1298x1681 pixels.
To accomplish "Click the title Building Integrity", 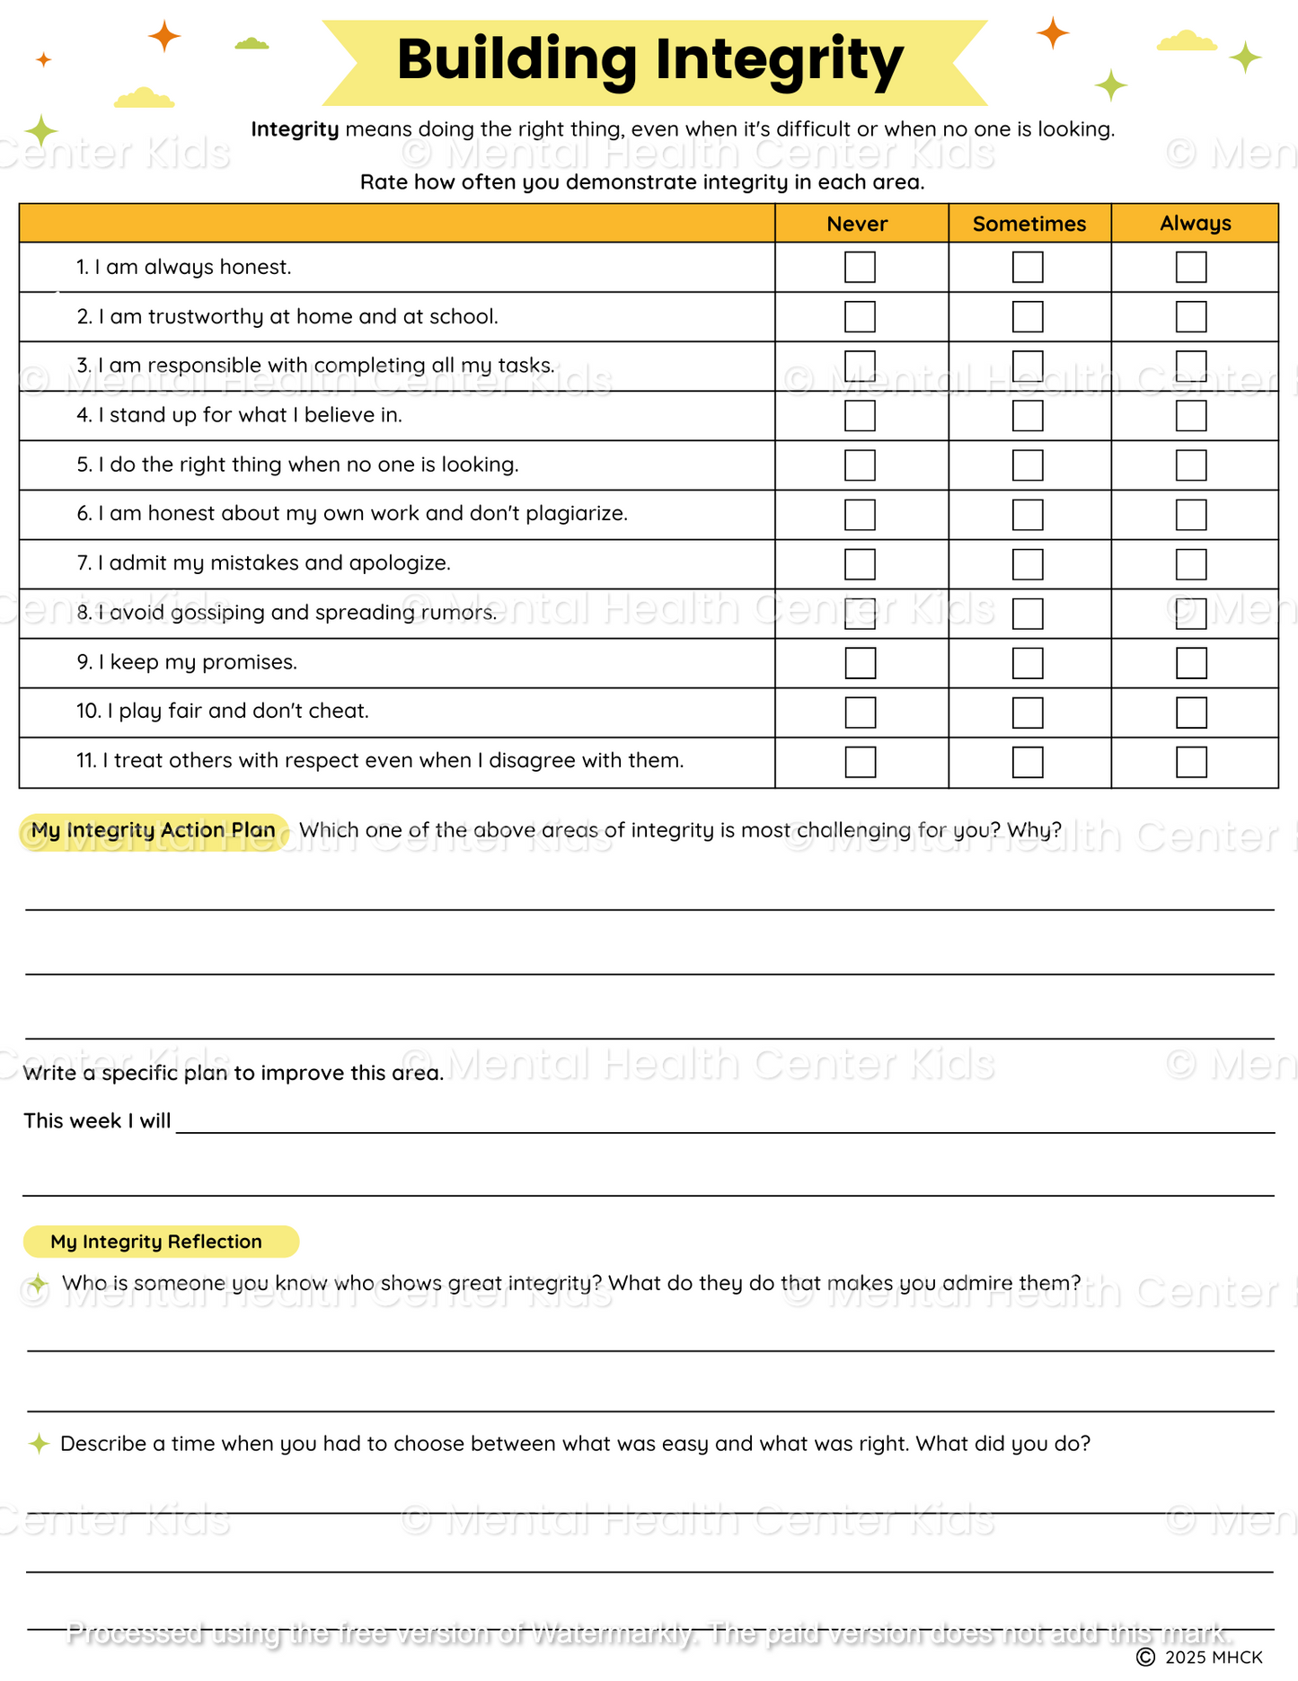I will pos(649,60).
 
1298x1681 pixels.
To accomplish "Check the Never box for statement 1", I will pos(860,267).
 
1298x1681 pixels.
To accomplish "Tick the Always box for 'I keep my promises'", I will pos(1191,663).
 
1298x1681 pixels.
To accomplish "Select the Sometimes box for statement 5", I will pos(1028,465).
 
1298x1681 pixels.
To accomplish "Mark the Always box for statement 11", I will pos(1191,762).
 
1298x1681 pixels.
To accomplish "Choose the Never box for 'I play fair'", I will pos(860,712).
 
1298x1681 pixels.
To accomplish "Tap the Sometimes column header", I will pos(1029,224).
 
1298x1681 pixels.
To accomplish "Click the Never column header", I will pos(857,224).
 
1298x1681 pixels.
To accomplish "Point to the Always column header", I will pos(1195,223).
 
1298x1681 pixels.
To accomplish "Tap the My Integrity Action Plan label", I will pos(154,830).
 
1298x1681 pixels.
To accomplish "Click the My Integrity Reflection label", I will pos(156,1242).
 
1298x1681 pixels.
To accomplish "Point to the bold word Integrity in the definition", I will pos(295,129).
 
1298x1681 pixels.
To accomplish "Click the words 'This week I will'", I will pos(97,1121).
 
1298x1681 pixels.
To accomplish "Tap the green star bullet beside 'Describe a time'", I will pos(39,1444).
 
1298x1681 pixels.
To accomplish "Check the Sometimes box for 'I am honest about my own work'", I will pos(1028,515).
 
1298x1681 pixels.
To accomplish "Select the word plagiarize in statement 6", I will pos(576,514).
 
